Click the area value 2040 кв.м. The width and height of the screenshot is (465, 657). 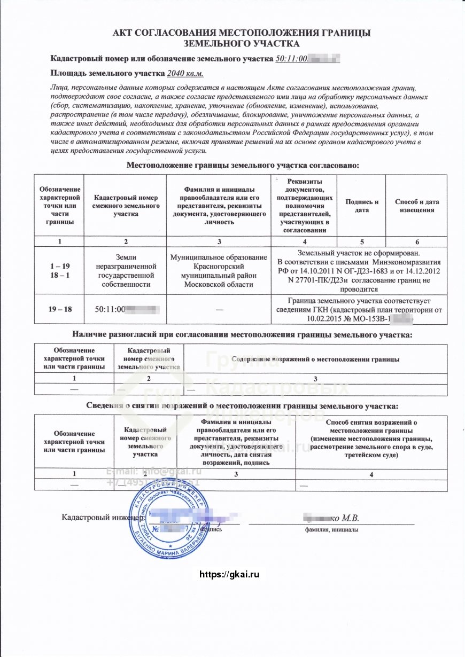click(185, 74)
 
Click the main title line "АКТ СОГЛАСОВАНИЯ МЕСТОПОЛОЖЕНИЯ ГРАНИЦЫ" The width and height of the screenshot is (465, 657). click(242, 33)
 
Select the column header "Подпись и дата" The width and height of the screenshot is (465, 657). click(362, 206)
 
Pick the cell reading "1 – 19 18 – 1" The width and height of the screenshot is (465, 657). click(60, 270)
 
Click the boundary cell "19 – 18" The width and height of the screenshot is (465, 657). click(60, 309)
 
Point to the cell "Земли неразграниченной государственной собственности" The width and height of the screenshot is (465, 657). click(126, 270)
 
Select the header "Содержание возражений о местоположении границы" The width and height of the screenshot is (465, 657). click(316, 359)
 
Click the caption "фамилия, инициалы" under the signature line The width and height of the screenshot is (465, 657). click(331, 529)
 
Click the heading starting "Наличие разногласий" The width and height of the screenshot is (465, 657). click(242, 335)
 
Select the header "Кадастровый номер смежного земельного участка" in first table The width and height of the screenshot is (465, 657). click(126, 206)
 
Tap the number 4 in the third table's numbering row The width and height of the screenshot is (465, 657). click(371, 474)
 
